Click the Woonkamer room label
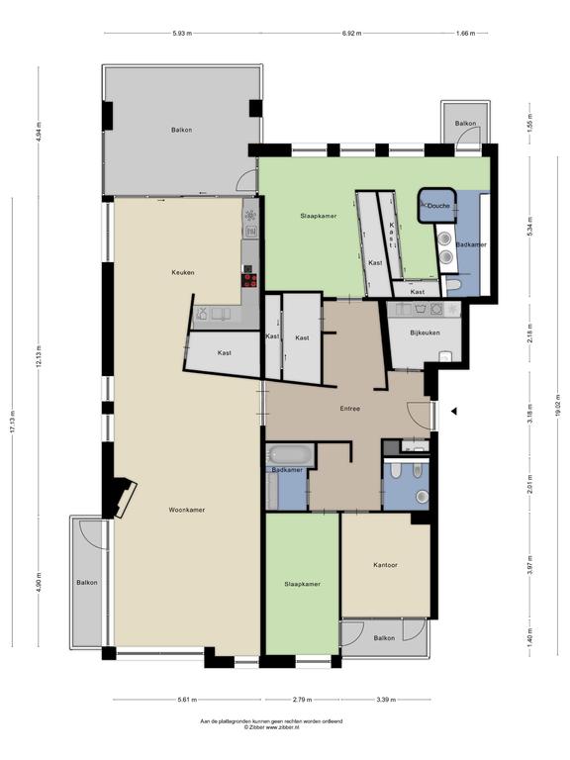pos(186,510)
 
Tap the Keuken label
pos(182,272)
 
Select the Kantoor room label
pos(386,565)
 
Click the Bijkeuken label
pos(425,332)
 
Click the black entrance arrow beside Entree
pos(453,411)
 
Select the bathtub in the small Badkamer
pos(289,456)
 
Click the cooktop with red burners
pos(250,280)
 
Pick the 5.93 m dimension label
pos(180,33)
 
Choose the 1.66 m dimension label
pos(465,33)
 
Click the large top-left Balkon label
pos(181,130)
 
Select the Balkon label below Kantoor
pos(384,638)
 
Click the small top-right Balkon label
pos(464,124)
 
